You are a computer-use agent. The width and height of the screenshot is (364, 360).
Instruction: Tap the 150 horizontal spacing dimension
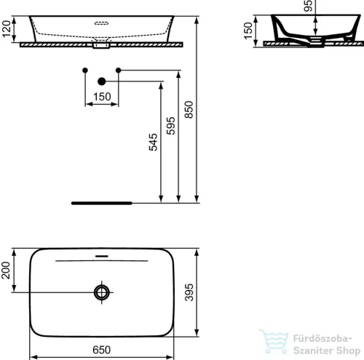[102, 96]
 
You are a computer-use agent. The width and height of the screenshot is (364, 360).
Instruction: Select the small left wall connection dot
[85, 70]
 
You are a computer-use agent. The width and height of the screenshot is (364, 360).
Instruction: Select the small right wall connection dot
[119, 70]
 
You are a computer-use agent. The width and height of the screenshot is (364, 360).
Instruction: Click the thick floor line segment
[101, 202]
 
